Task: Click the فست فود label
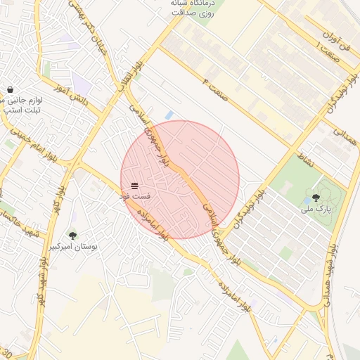click(x=134, y=196)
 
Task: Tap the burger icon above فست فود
click(x=134, y=186)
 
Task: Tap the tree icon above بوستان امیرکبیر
click(x=72, y=236)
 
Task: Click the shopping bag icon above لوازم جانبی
click(x=10, y=89)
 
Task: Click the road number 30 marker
click(x=6, y=352)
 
